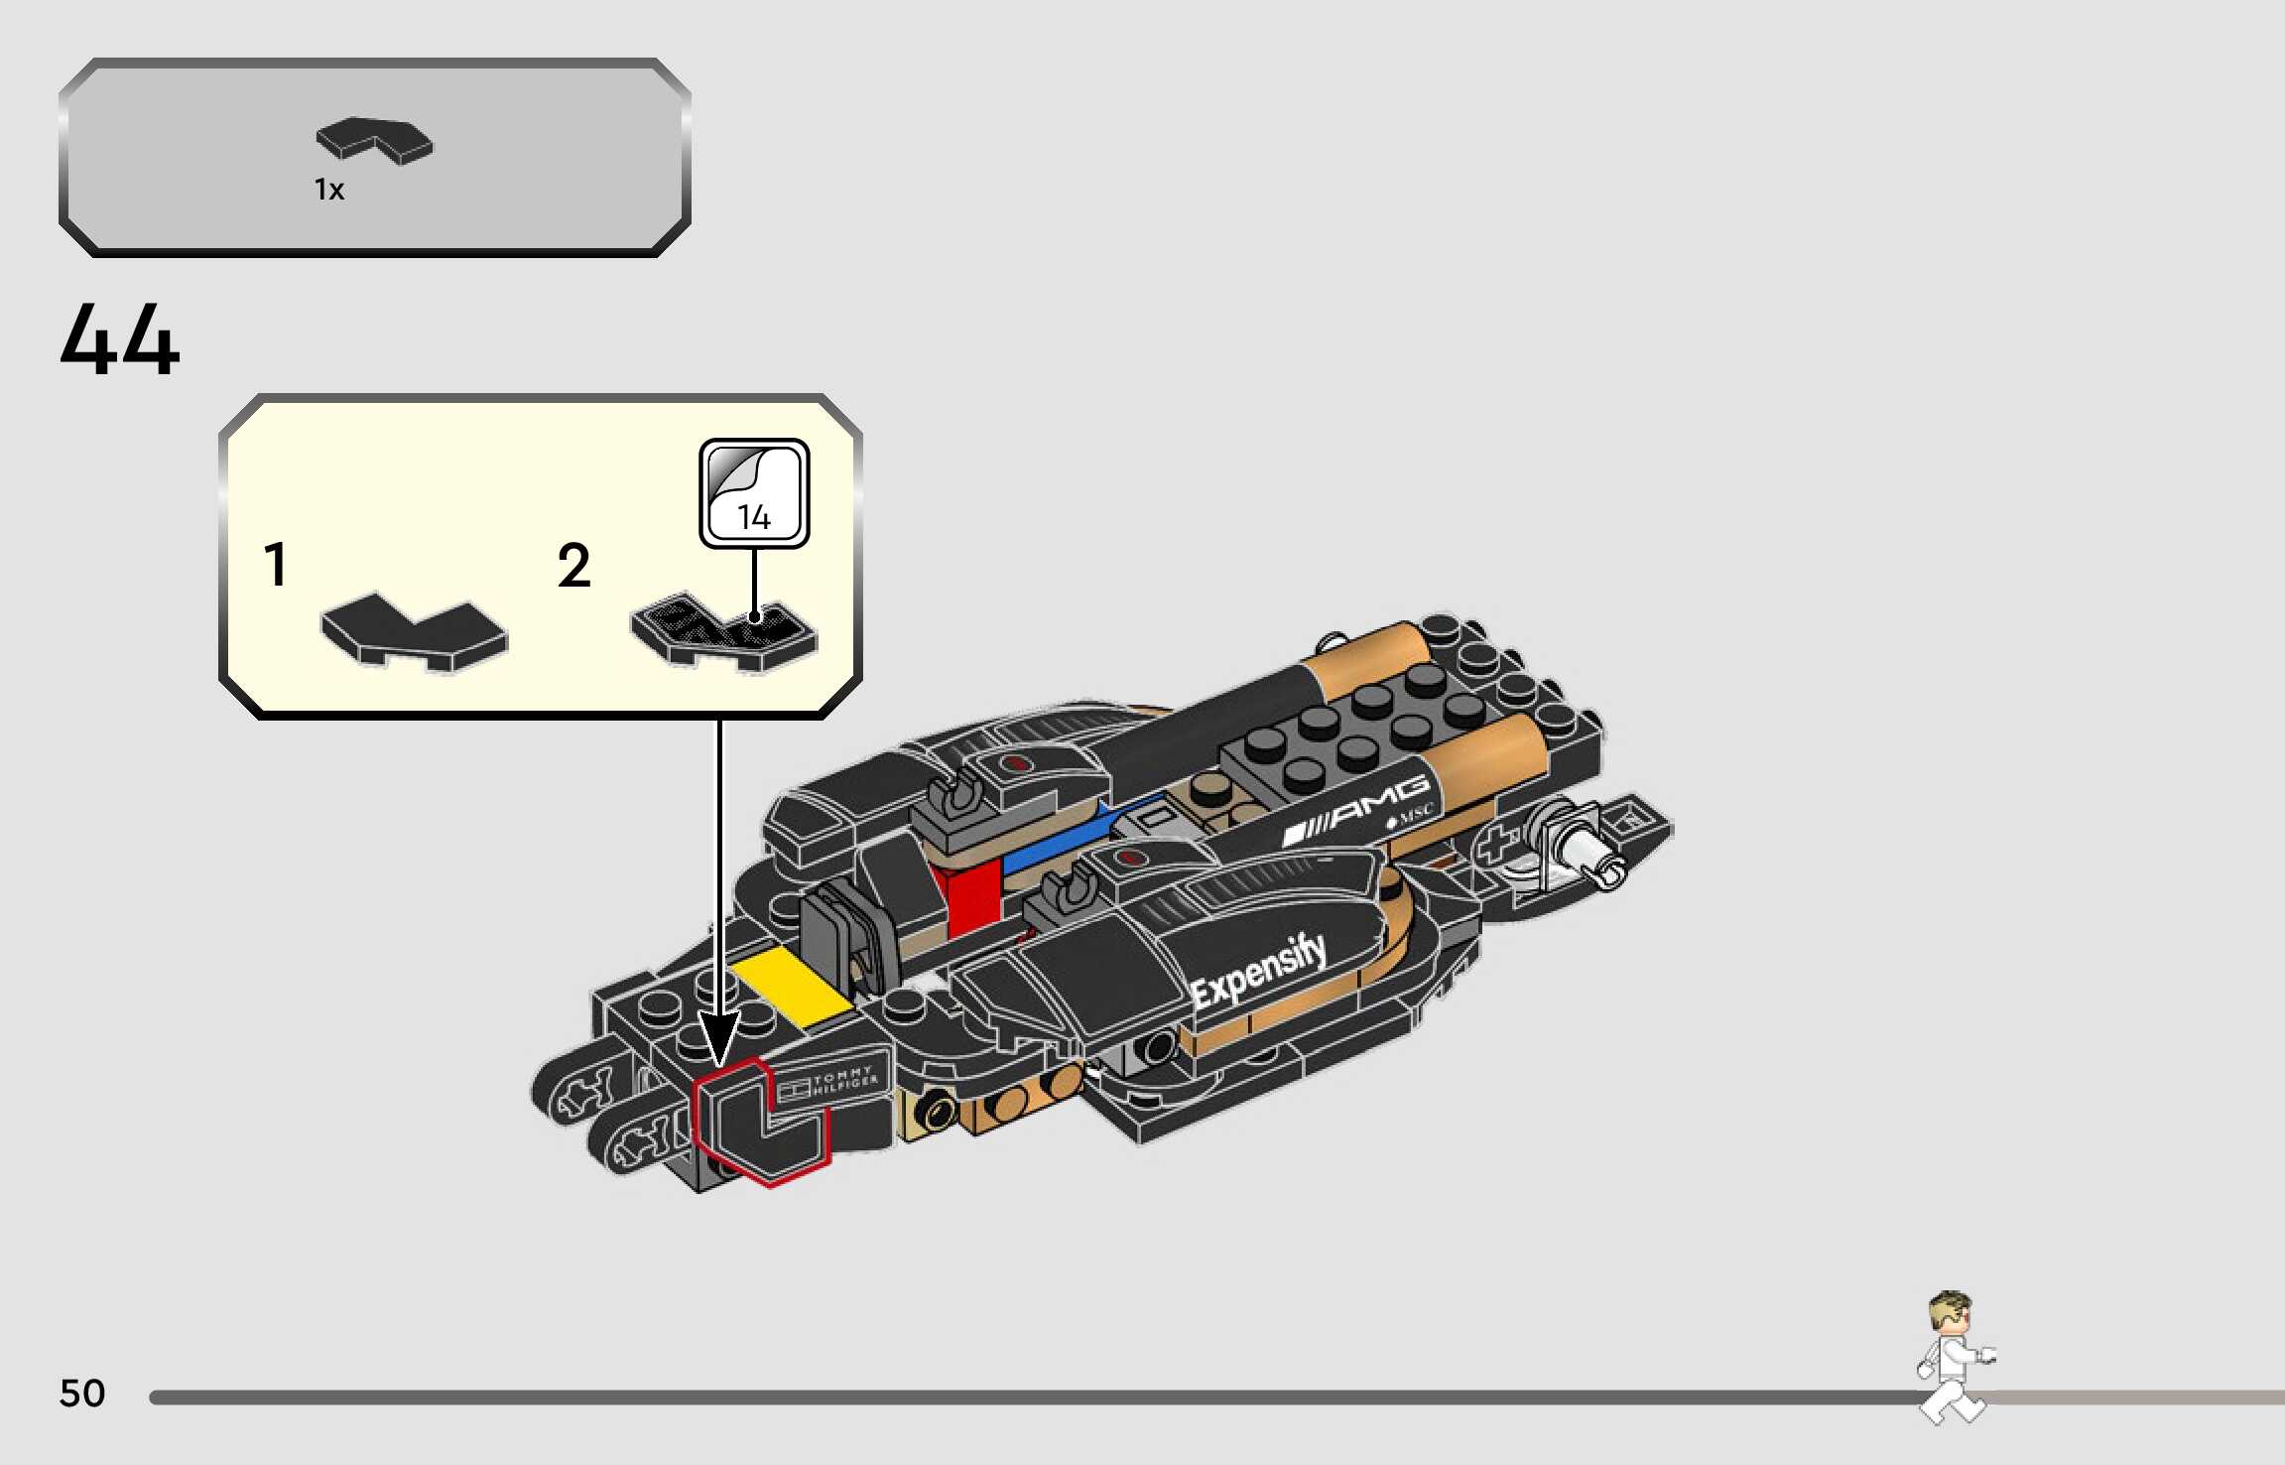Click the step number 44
120,339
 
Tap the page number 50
82,1394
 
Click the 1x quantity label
329,190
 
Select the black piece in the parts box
374,141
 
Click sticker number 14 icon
754,493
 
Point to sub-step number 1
276,565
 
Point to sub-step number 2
573,566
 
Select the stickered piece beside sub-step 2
723,633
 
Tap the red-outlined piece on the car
759,1123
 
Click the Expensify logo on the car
1258,972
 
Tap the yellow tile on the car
791,987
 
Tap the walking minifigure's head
1950,1314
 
